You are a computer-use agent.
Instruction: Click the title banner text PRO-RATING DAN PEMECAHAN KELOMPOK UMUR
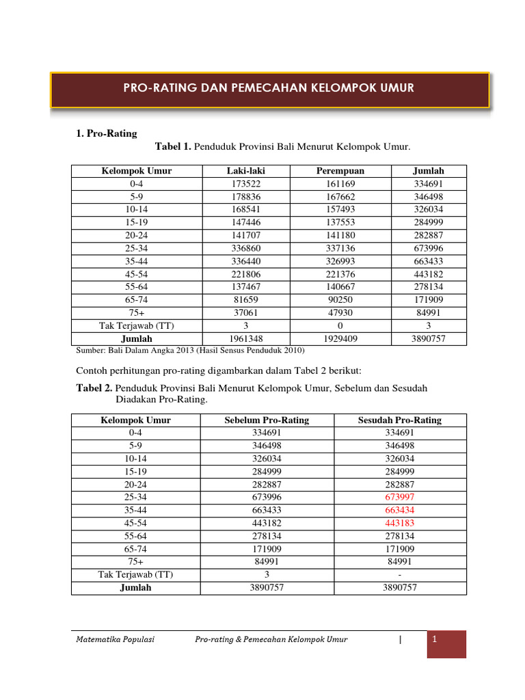pyautogui.click(x=269, y=88)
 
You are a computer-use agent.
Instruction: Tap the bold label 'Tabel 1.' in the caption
pyautogui.click(x=174, y=147)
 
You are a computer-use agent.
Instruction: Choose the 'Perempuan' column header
pyautogui.click(x=340, y=171)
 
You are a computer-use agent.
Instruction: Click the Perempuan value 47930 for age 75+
pyautogui.click(x=340, y=312)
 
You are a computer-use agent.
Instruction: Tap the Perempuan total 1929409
pyautogui.click(x=340, y=338)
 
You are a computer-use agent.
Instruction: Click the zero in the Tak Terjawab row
pyautogui.click(x=340, y=325)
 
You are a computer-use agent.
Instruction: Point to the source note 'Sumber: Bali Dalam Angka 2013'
pyautogui.click(x=188, y=350)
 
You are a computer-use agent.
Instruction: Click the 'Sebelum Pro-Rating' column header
pyautogui.click(x=267, y=420)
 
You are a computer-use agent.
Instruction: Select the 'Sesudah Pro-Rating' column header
pyautogui.click(x=400, y=420)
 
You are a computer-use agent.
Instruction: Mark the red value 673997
pyautogui.click(x=400, y=497)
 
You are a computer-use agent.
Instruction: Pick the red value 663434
pyautogui.click(x=400, y=510)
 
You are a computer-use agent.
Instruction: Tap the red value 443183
pyautogui.click(x=400, y=523)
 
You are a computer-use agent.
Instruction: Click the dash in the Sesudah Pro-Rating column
pyautogui.click(x=400, y=574)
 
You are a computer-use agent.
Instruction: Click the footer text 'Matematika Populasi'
pyautogui.click(x=115, y=640)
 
